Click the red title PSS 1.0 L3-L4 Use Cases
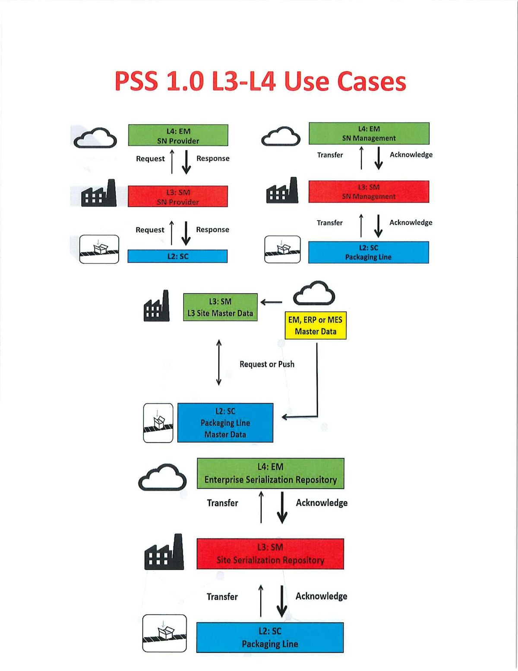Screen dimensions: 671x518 coord(260,81)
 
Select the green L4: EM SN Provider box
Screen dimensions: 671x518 coord(178,135)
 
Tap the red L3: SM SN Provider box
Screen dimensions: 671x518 coord(178,197)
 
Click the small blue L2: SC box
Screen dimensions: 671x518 coord(177,256)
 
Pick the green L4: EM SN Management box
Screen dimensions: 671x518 coord(369,134)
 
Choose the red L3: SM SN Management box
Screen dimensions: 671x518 coord(369,192)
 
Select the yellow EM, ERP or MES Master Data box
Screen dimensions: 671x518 coord(316,325)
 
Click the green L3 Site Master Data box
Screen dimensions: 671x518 coord(220,307)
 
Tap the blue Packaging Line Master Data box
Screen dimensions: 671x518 coord(225,423)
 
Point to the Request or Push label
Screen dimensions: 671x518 coord(267,364)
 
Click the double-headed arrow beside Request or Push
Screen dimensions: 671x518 coord(219,363)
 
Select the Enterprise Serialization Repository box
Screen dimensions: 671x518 coord(271,474)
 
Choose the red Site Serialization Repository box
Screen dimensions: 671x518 coord(270,554)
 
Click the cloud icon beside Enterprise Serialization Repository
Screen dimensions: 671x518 coord(162,477)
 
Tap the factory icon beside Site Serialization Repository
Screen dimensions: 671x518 coord(164,553)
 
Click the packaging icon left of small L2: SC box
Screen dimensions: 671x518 coord(99,249)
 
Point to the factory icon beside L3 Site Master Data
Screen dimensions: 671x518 coord(156,306)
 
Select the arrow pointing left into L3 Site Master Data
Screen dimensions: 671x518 coord(272,302)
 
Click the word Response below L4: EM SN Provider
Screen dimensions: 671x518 coord(213,159)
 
